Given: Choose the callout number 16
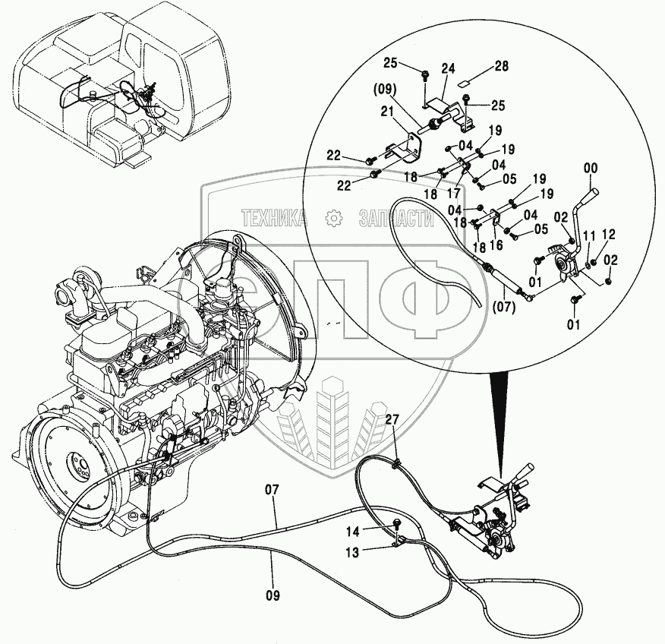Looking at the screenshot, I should [496, 245].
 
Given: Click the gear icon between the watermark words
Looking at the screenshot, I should [332, 219].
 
